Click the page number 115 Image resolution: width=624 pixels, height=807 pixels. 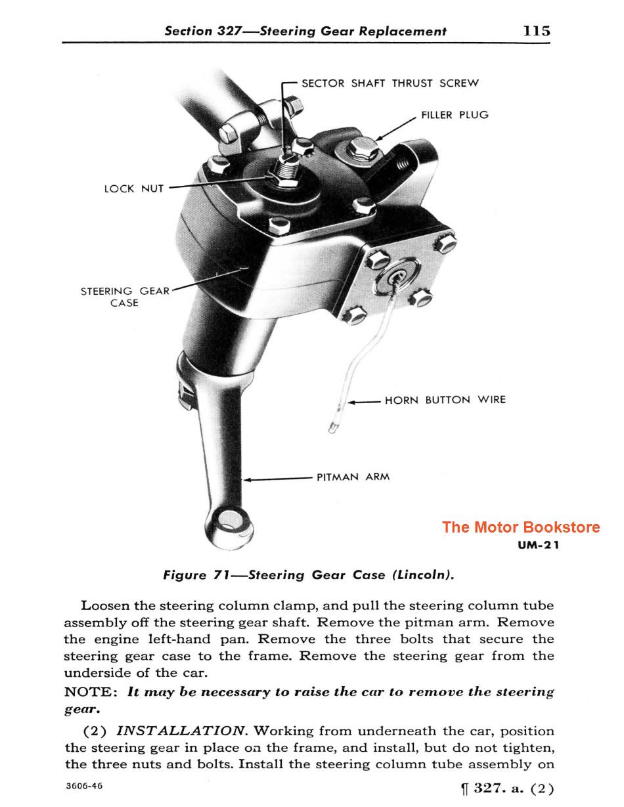pos(537,31)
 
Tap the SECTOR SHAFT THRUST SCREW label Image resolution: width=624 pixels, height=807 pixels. pos(390,83)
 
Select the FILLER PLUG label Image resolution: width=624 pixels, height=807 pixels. pos(455,115)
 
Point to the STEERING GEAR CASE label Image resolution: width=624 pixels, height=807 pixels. pos(124,297)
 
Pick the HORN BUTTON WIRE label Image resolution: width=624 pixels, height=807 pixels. pos(445,400)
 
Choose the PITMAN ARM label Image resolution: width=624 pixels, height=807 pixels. pos(353,477)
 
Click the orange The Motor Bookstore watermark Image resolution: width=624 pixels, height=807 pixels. pos(520,527)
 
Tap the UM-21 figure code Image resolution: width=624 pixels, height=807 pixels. pos(539,544)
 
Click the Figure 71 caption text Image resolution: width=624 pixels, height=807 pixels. pos(309,575)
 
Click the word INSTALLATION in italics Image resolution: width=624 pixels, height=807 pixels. pos(180,731)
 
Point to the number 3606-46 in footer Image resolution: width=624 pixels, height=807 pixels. pos(83,786)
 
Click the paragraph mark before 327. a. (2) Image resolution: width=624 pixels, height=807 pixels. pos(464,789)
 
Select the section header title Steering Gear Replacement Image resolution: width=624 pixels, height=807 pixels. pos(353,31)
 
